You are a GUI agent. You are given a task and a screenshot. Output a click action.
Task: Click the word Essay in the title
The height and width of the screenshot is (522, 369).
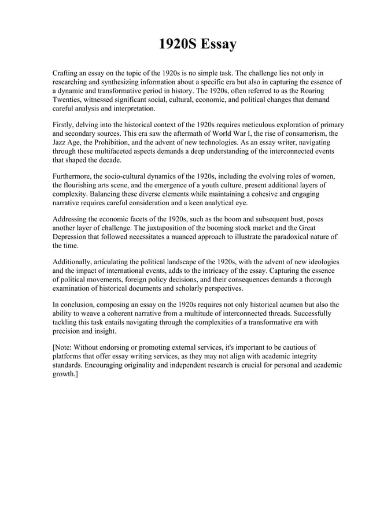pos(219,45)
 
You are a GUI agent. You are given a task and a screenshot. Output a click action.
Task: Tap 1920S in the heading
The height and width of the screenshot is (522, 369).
pos(178,45)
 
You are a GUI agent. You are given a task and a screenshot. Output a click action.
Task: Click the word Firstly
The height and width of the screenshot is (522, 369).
pos(65,124)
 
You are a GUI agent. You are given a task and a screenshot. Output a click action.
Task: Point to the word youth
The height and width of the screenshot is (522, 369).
pos(219,184)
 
